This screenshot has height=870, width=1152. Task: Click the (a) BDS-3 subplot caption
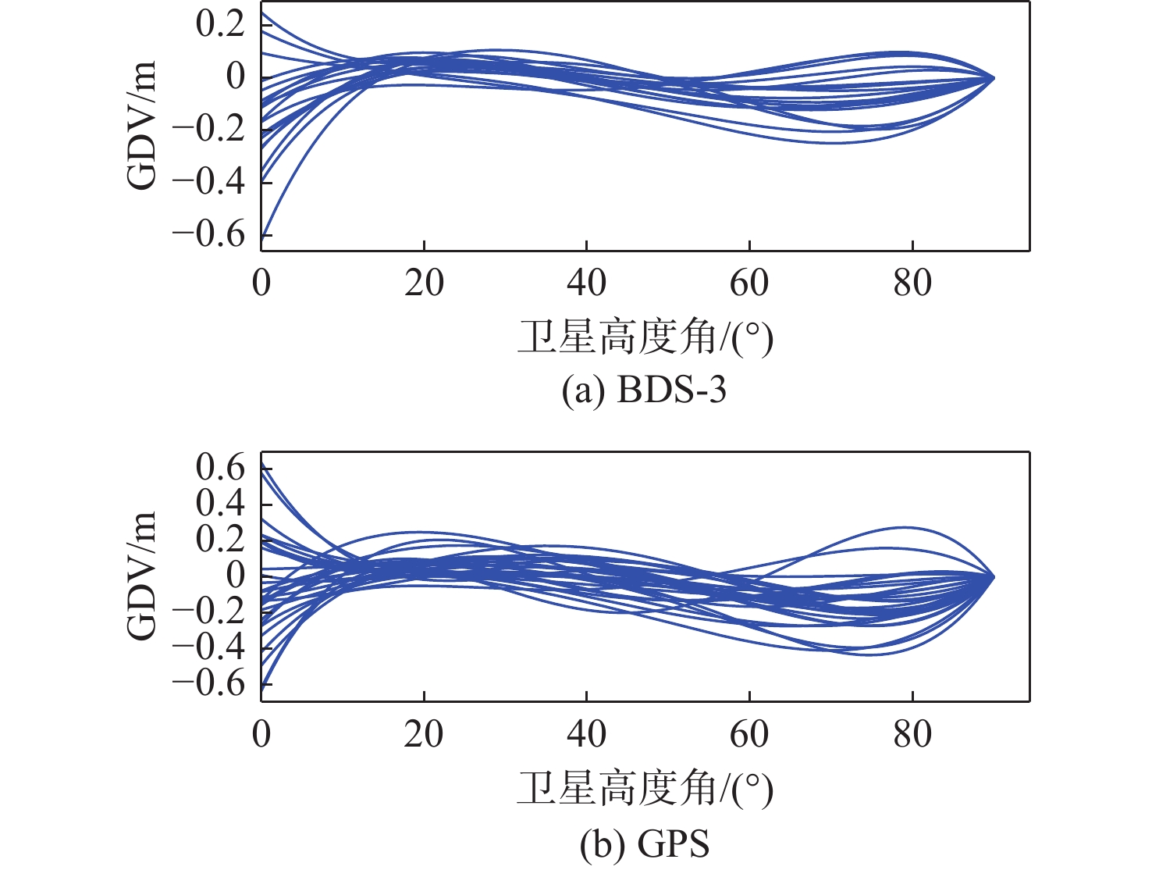(x=644, y=390)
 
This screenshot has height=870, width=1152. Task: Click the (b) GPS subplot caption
(x=645, y=844)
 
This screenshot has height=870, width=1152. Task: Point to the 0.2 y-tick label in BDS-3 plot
(x=220, y=24)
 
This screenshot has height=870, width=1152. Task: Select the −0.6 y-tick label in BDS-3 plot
(x=209, y=234)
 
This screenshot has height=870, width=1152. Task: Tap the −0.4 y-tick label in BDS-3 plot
(x=209, y=181)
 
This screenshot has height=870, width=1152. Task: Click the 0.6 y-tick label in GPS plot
(x=220, y=469)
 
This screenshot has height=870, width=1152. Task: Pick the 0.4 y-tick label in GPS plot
(x=220, y=504)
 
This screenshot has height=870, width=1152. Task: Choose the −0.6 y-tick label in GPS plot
(x=209, y=683)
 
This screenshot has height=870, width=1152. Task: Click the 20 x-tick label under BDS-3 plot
(x=424, y=283)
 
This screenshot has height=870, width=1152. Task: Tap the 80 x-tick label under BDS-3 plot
(x=912, y=283)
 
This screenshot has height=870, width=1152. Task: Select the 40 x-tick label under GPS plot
(x=586, y=734)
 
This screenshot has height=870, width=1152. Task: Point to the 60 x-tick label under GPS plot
(x=749, y=734)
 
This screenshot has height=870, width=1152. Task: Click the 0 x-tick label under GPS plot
(x=261, y=734)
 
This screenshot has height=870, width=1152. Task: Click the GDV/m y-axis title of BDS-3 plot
(x=142, y=125)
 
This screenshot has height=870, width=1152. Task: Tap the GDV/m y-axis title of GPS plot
(x=142, y=576)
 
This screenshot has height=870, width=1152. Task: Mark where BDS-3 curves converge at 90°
(x=994, y=78)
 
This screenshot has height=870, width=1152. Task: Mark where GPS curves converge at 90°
(x=994, y=576)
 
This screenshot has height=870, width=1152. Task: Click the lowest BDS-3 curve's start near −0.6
(x=264, y=234)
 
